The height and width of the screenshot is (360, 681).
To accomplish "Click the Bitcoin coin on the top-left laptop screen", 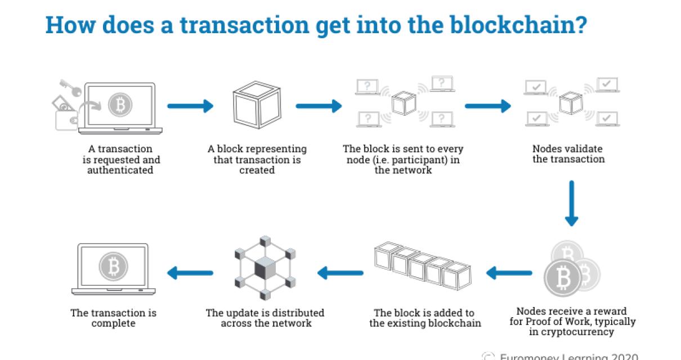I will [x=119, y=105].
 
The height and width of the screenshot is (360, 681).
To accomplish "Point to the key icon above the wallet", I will [x=70, y=86].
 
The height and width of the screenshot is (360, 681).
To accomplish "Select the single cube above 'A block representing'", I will [x=257, y=105].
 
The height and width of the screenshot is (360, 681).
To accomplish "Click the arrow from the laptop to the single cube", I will [x=190, y=105].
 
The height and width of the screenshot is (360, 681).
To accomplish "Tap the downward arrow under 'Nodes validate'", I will [x=571, y=203].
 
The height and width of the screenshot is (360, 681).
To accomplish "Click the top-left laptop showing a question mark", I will [x=368, y=87].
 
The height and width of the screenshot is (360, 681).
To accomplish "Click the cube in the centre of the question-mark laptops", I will [x=403, y=102].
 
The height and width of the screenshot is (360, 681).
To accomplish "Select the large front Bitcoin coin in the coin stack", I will [x=563, y=277].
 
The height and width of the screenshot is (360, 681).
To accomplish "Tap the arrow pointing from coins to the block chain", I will [x=509, y=273].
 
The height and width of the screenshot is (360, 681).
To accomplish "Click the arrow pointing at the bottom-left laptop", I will [x=190, y=273].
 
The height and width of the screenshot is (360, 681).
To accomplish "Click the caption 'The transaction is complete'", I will [x=113, y=318].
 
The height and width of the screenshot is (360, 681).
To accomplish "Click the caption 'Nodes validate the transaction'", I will [x=568, y=154].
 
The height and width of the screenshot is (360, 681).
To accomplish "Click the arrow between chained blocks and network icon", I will [x=340, y=273].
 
